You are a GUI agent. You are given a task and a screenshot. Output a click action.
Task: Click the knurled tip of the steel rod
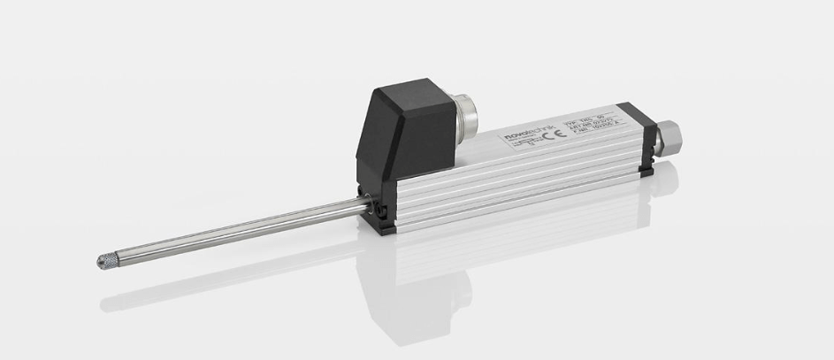103,261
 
